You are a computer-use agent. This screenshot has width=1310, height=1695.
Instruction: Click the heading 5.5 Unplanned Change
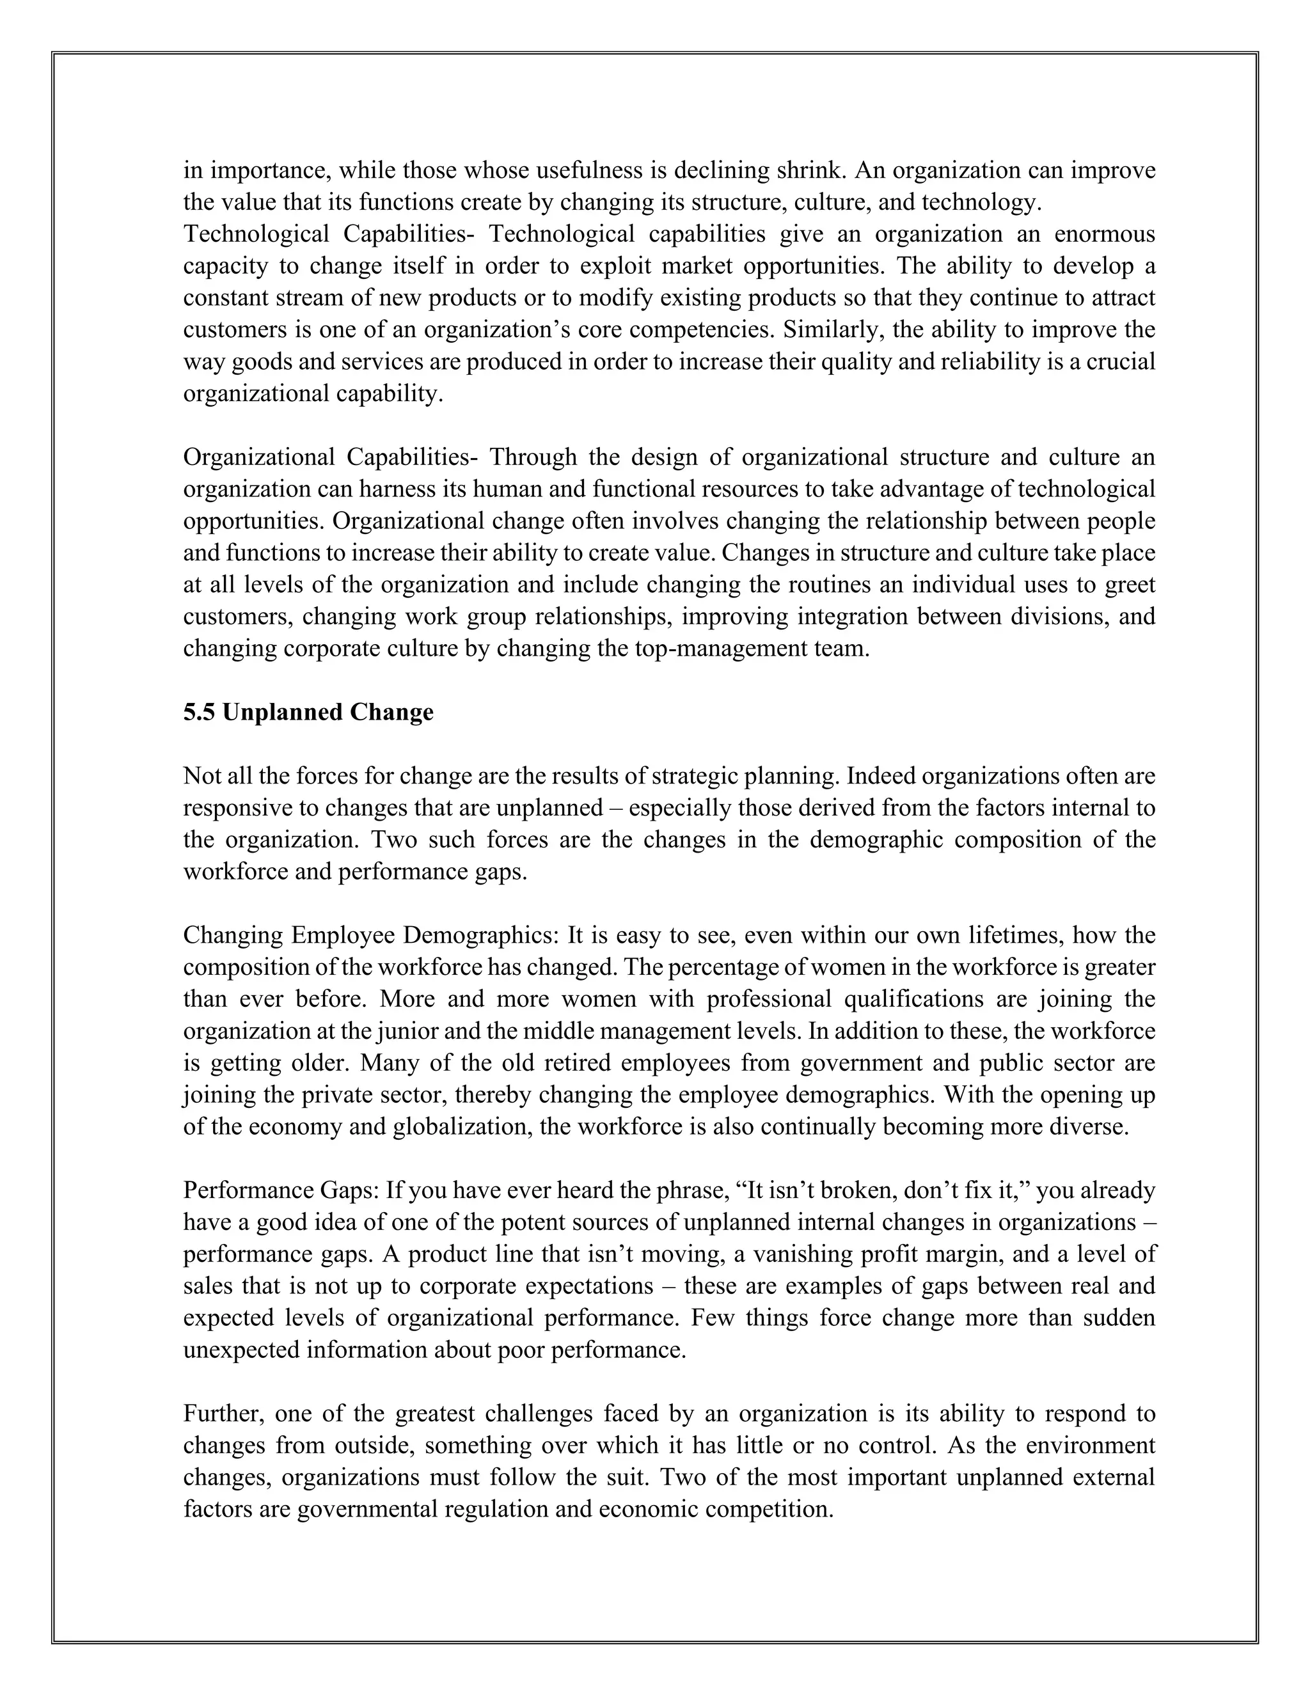[x=308, y=713]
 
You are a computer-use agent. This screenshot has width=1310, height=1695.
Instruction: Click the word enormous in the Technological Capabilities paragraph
[x=1102, y=233]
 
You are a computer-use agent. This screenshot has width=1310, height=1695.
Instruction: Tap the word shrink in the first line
[x=804, y=170]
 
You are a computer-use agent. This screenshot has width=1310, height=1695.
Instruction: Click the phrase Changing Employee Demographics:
[x=371, y=935]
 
